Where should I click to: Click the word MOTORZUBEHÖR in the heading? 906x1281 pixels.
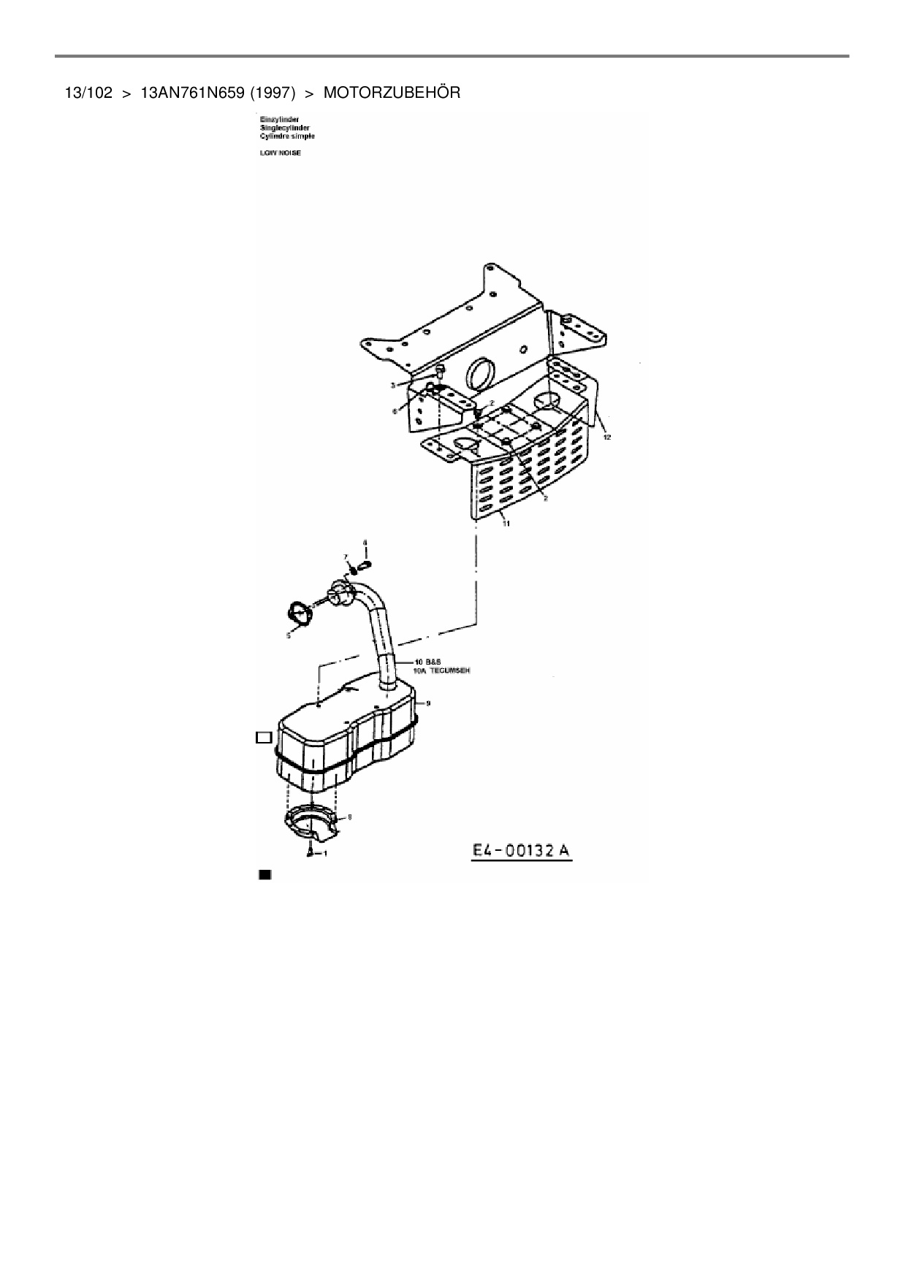click(x=392, y=93)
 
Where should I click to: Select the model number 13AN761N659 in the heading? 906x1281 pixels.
click(x=191, y=93)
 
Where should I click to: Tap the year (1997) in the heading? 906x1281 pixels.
click(x=272, y=93)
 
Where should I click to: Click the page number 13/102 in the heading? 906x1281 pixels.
click(x=88, y=93)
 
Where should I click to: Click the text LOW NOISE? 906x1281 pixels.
click(x=281, y=153)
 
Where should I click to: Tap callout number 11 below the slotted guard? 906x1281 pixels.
click(x=506, y=524)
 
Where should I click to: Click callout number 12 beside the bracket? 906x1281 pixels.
click(x=606, y=437)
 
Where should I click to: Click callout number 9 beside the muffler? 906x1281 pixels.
click(x=428, y=703)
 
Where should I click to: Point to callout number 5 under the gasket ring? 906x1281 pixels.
click(x=289, y=635)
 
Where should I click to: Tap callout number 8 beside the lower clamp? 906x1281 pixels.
click(x=349, y=817)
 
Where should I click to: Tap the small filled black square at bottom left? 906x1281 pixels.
click(x=264, y=874)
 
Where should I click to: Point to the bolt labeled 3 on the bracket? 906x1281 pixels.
click(x=439, y=373)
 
